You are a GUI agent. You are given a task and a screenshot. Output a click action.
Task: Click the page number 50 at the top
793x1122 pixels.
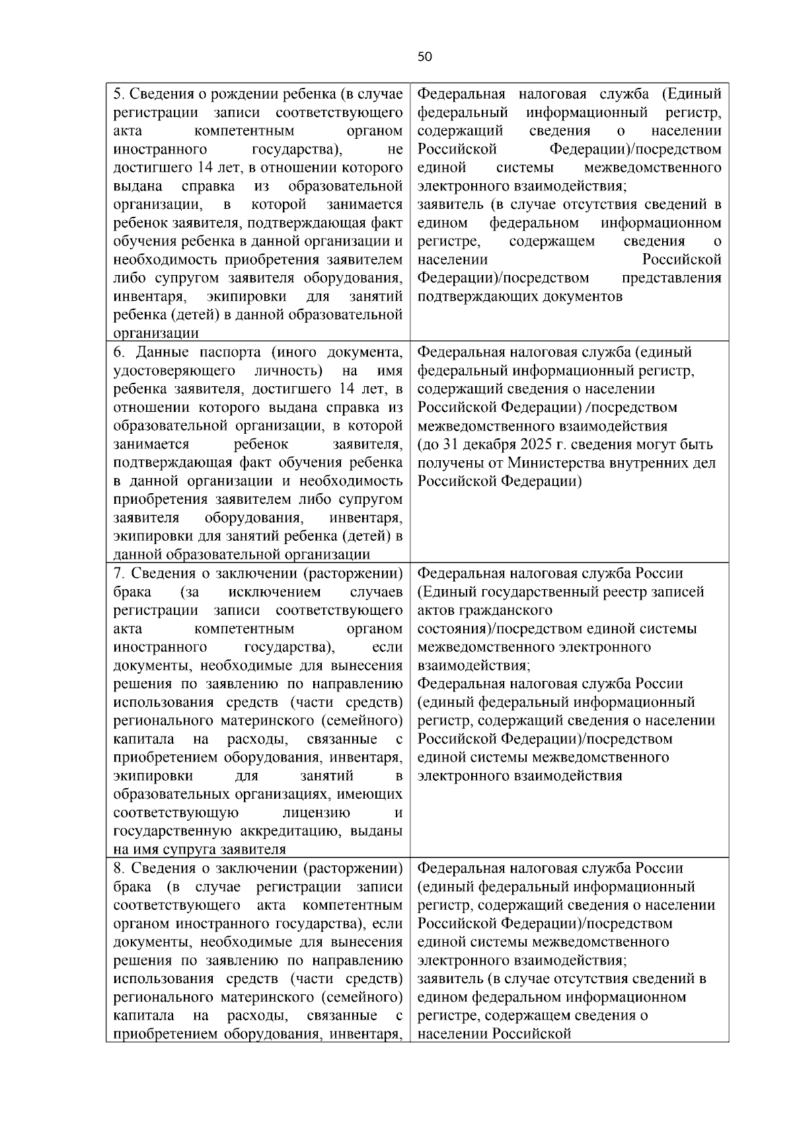(x=425, y=57)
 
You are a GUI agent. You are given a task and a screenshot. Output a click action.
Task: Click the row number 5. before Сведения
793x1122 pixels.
(x=118, y=93)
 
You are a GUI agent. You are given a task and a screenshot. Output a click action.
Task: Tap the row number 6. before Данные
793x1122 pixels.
(x=118, y=352)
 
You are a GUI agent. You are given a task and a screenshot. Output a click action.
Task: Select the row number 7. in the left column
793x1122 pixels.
(x=118, y=573)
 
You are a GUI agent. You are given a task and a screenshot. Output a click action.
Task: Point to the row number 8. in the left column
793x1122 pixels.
(x=118, y=868)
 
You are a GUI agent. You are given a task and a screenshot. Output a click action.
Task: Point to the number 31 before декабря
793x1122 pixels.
(x=451, y=444)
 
